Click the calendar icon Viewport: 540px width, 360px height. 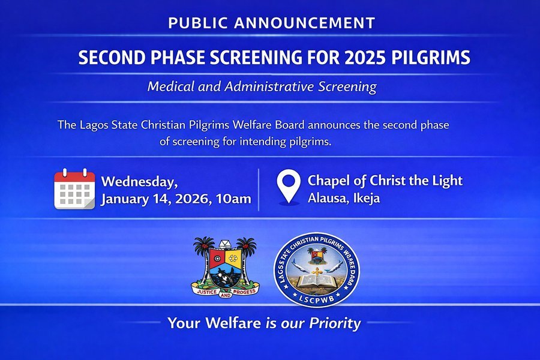[x=74, y=189]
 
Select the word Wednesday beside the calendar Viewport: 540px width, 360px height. [x=139, y=182]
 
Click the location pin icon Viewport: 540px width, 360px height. [x=289, y=187]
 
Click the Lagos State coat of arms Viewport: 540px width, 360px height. [x=224, y=266]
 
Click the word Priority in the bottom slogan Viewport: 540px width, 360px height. [x=335, y=324]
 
